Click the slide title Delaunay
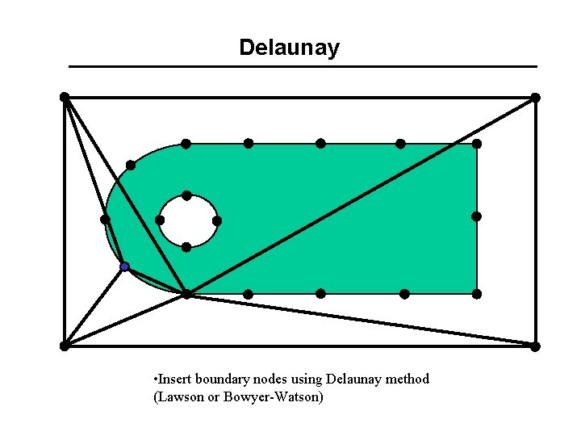pos(289,48)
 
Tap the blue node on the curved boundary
pos(124,266)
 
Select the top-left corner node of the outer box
pos(65,97)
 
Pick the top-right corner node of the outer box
pos(535,98)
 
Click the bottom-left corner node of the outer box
pos(65,346)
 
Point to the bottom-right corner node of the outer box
pos(535,346)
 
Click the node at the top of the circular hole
pos(186,195)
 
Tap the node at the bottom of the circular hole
pos(186,247)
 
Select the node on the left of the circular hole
pos(160,220)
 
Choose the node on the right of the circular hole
pos(217,220)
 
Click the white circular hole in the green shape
pos(188,221)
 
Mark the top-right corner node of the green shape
pos(477,144)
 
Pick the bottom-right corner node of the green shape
pos(477,293)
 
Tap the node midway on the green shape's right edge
pos(477,216)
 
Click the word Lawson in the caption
pos(182,397)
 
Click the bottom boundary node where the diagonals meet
pos(186,294)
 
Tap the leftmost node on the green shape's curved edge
pos(105,219)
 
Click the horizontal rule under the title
pos(303,66)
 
